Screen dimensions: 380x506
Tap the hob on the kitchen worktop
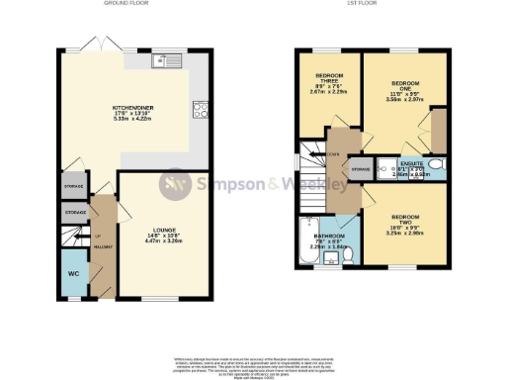[201, 111]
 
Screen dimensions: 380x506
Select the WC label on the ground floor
[73, 272]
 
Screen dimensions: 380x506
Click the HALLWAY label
[104, 245]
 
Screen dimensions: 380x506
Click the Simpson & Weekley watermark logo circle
[176, 184]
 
